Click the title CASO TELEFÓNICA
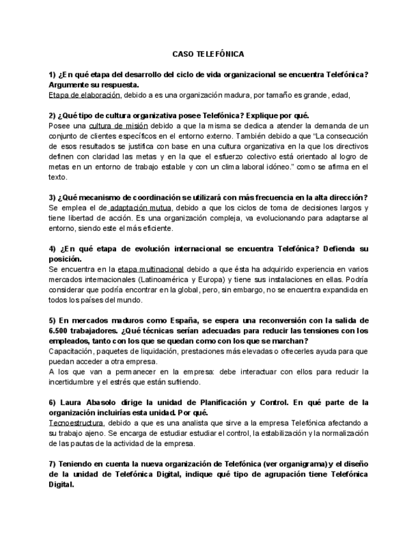[208, 55]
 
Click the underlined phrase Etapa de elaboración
[84, 95]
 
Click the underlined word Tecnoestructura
[75, 422]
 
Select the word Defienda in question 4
[339, 248]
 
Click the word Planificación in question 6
[216, 402]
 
